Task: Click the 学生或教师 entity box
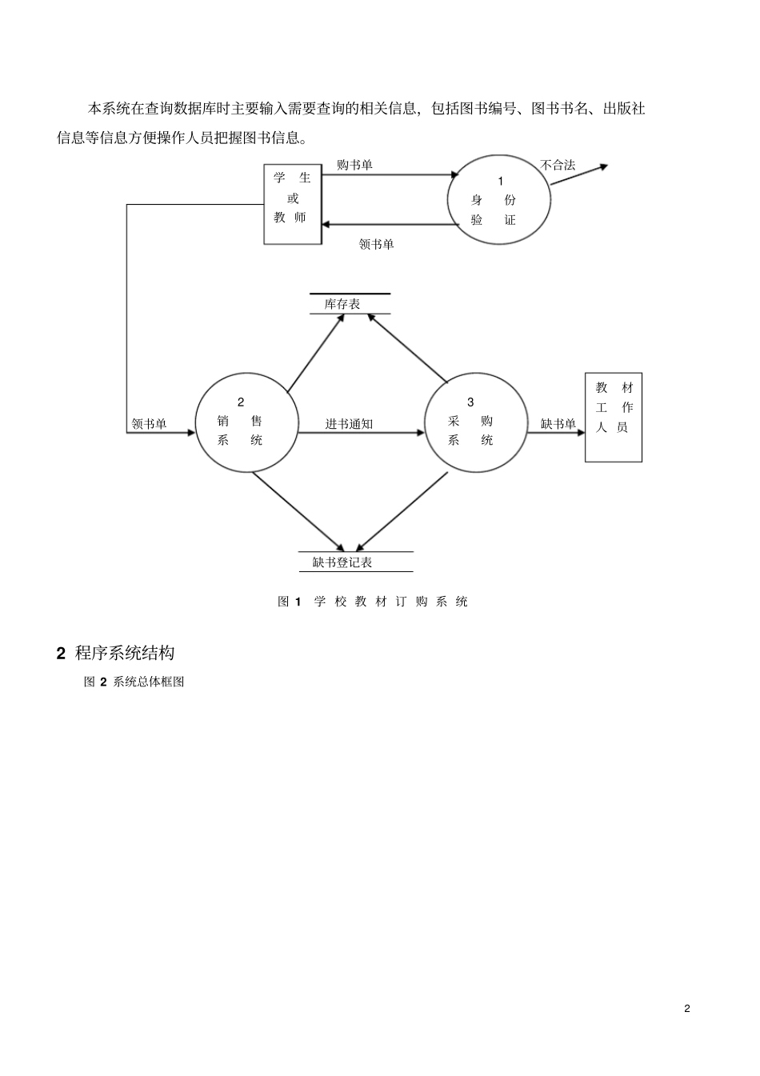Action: point(293,204)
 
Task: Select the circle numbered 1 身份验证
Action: point(499,199)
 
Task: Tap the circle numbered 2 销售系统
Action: point(247,422)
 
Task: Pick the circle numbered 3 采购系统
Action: point(476,422)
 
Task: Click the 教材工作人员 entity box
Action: point(614,418)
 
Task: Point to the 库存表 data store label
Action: point(342,304)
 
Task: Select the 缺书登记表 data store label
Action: point(342,562)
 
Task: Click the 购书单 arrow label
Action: point(354,166)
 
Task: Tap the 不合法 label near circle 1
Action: point(558,166)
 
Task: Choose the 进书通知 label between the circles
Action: point(350,424)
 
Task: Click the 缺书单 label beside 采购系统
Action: point(558,424)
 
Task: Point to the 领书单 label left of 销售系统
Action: point(149,424)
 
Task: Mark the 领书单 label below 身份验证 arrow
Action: point(377,245)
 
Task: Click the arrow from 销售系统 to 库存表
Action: point(316,353)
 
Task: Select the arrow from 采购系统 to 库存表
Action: point(407,348)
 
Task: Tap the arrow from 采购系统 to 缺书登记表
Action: point(402,511)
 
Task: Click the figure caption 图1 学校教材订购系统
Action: point(373,602)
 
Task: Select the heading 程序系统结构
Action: point(125,654)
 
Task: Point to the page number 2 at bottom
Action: point(687,1009)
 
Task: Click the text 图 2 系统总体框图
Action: point(134,682)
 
